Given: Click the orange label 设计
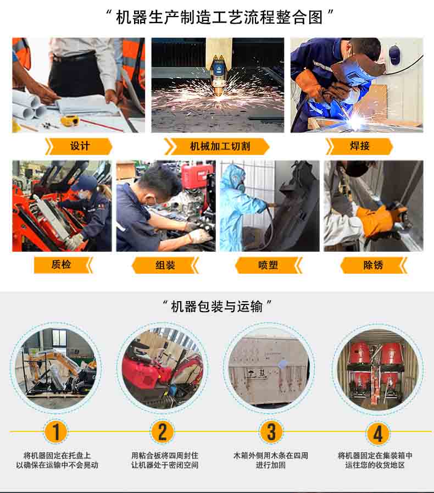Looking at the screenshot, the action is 79,146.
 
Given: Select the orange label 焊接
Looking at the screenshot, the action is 359,146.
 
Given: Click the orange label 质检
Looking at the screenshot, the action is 63,265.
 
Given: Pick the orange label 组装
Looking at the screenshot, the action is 165,265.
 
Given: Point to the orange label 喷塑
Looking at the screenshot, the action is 269,265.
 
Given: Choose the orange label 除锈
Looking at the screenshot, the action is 374,265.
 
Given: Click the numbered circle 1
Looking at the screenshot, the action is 55,431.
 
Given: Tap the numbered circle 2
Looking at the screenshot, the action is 163,431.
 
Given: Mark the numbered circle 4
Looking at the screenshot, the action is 378,433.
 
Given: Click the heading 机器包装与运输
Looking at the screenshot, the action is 217,306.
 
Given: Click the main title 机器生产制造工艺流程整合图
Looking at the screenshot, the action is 219,16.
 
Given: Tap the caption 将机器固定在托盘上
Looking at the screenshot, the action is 57,455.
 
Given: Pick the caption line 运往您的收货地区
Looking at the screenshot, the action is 375,465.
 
